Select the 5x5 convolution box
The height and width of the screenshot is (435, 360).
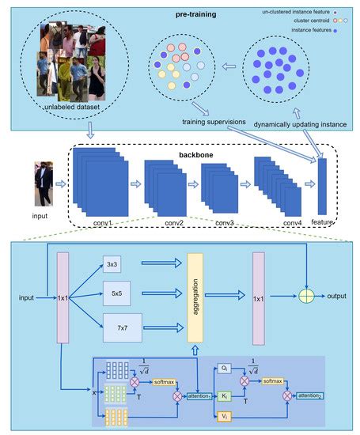[x=116, y=293]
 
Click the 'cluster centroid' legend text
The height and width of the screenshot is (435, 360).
[x=290, y=22]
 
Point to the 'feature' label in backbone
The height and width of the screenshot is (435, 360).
[x=320, y=222]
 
